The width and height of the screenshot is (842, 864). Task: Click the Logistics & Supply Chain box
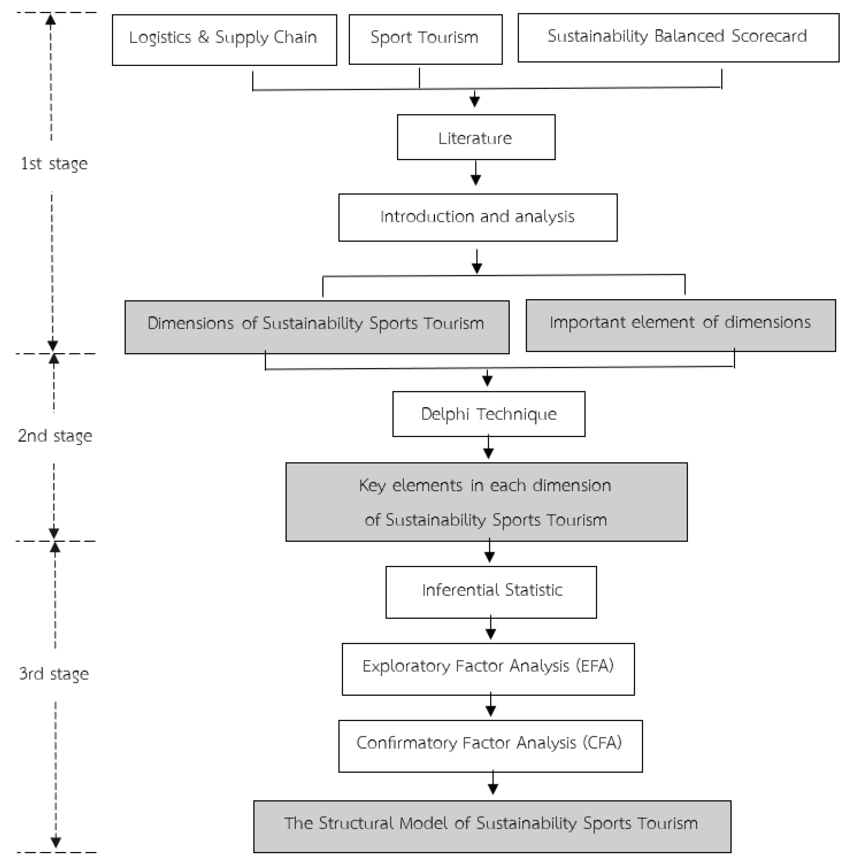pyautogui.click(x=224, y=40)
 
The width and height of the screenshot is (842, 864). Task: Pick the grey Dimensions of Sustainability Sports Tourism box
pyautogui.click(x=317, y=327)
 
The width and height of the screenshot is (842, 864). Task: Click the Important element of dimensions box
pyautogui.click(x=680, y=325)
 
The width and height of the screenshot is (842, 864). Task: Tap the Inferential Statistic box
pyautogui.click(x=491, y=592)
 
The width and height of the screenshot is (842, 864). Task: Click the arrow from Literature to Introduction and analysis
pyautogui.click(x=476, y=174)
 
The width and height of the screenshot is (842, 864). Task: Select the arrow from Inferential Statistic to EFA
pyautogui.click(x=490, y=629)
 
